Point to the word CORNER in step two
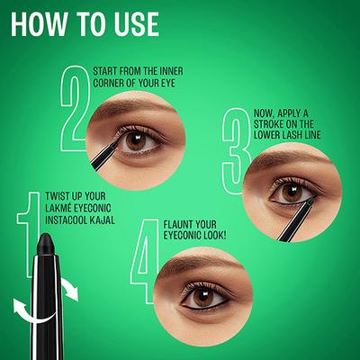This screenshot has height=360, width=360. coord(112,83)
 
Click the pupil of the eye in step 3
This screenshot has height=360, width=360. coord(290,192)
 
